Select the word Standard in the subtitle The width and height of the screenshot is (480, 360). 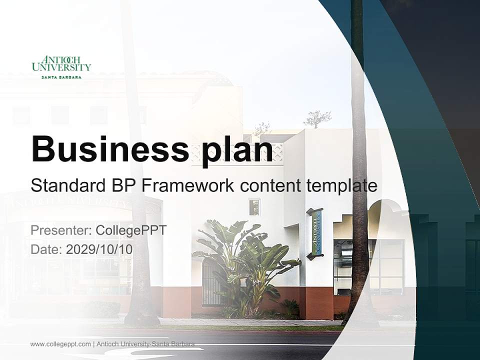pos(66,185)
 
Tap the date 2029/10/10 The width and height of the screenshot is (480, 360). pos(99,249)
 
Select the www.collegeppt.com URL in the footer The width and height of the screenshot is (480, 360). pos(60,344)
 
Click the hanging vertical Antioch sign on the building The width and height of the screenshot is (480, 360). pos(315,233)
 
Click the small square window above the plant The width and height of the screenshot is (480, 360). pos(254,207)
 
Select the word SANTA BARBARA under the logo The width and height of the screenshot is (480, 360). pos(61,77)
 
